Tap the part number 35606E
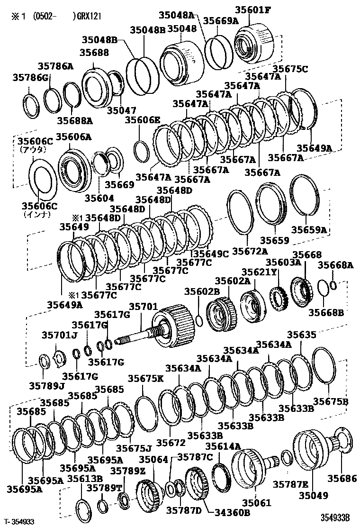coord(142,120)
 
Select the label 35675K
coord(145,378)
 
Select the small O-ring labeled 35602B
coord(200,321)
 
